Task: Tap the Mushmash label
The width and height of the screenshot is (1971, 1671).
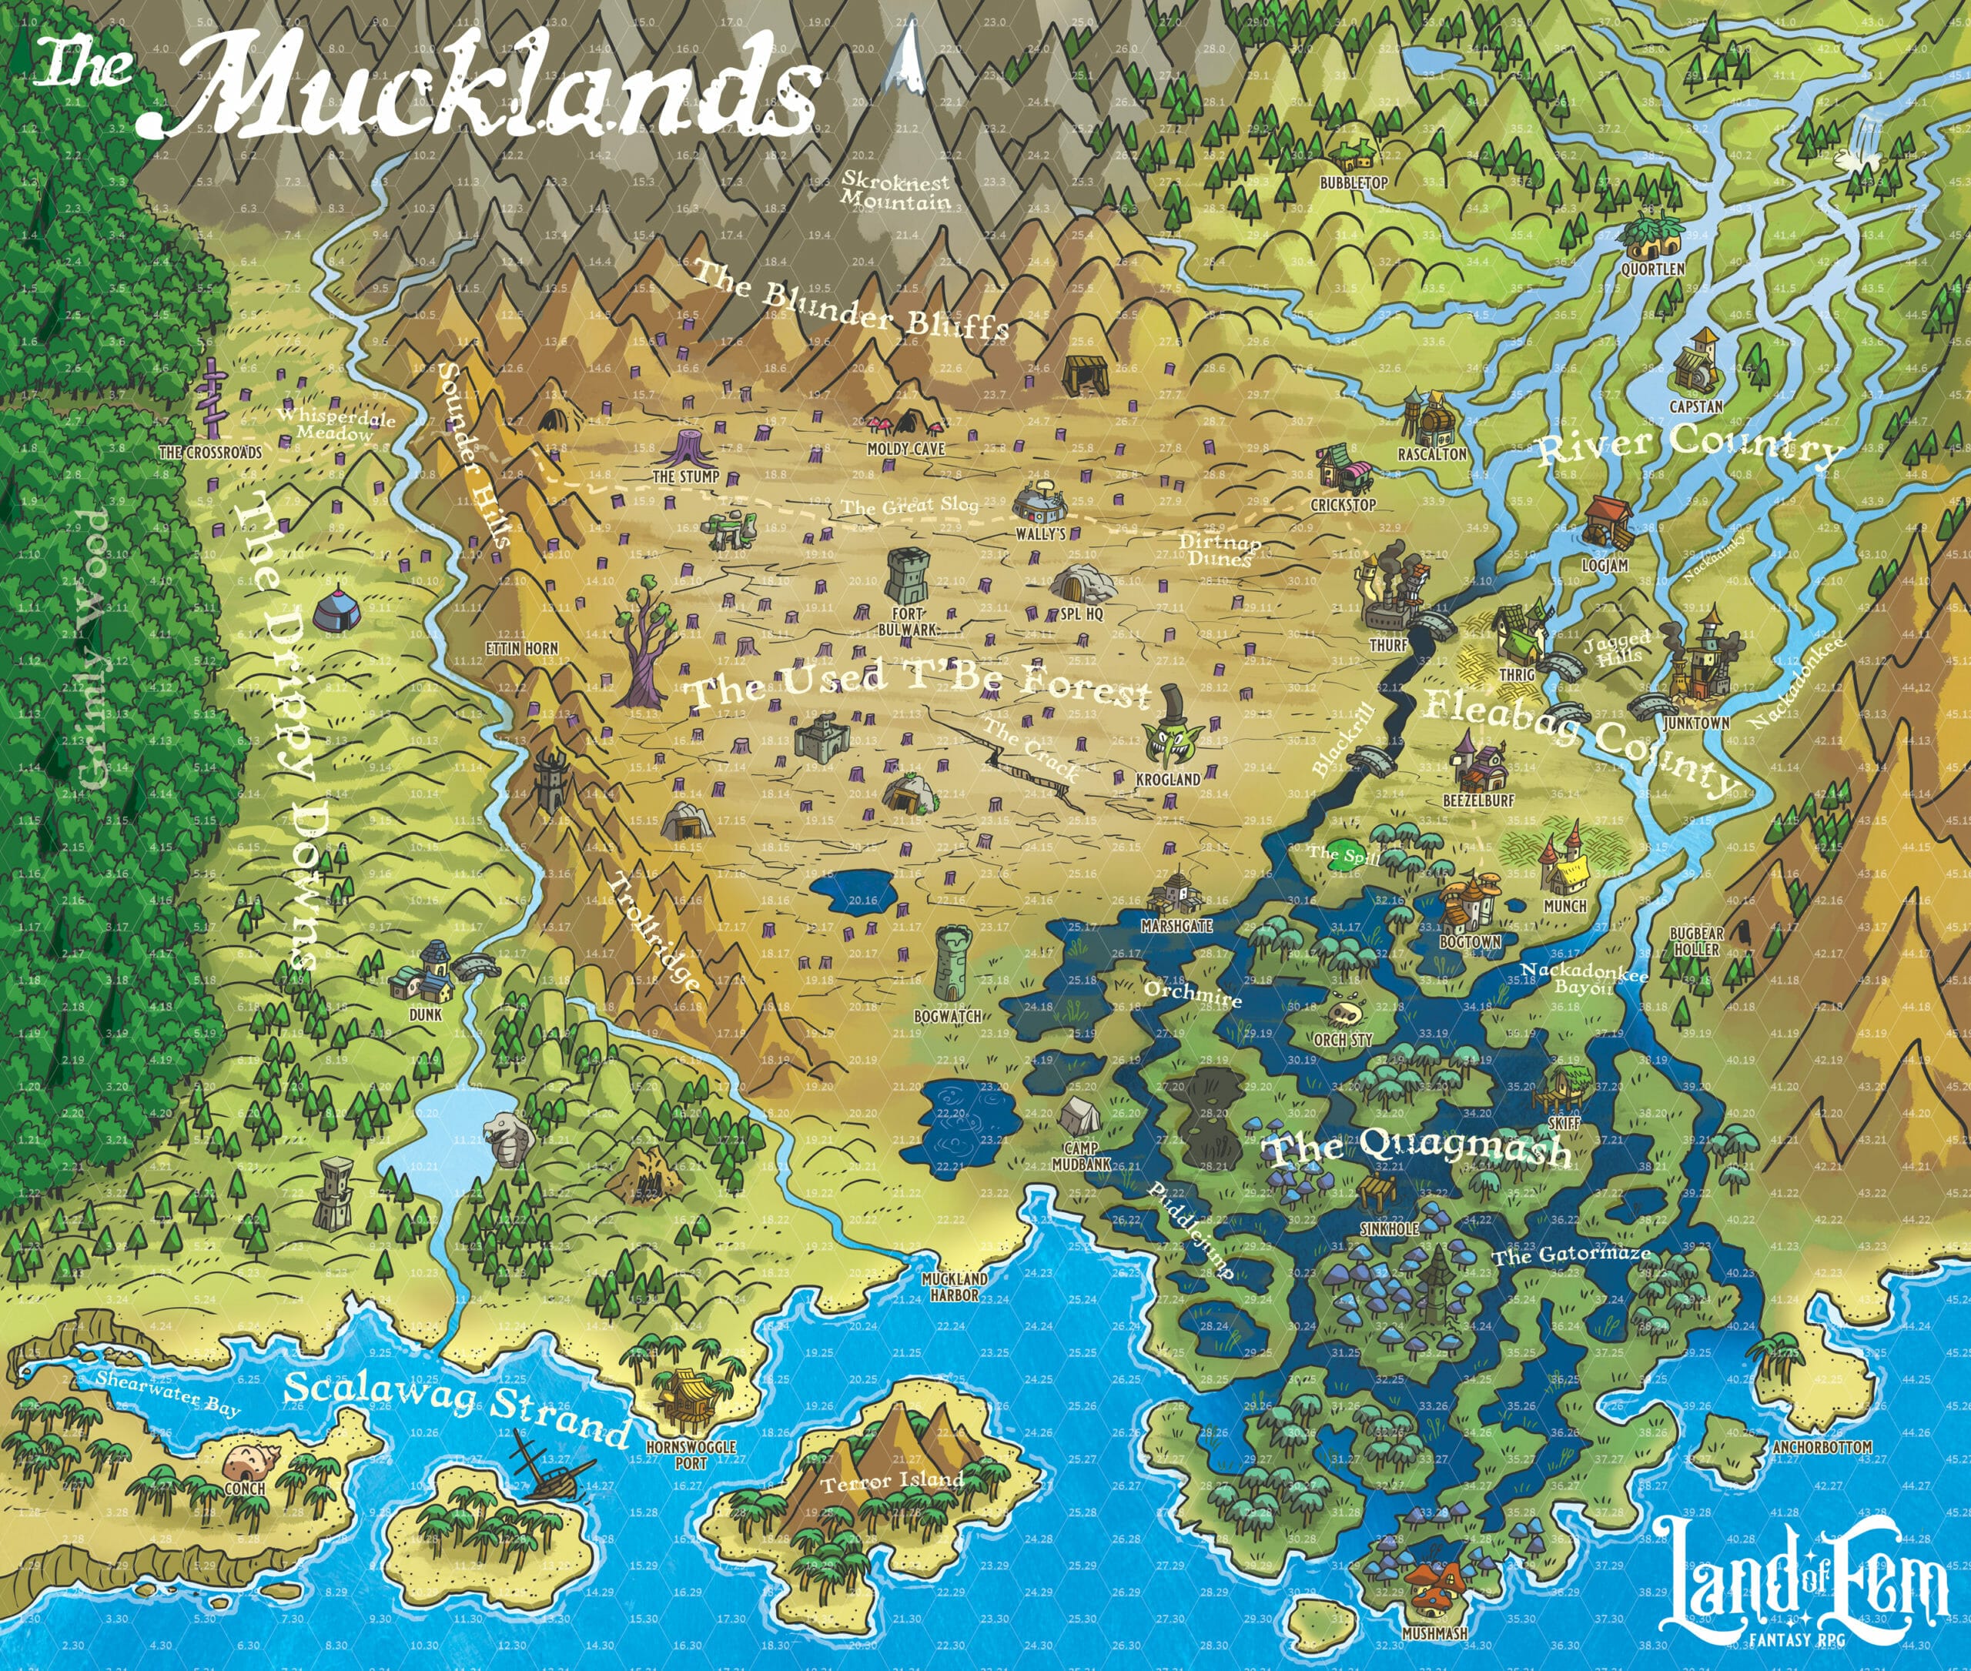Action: point(1434,1633)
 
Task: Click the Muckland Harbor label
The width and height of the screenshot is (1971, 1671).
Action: point(954,1286)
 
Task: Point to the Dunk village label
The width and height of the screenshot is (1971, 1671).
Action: point(426,1014)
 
